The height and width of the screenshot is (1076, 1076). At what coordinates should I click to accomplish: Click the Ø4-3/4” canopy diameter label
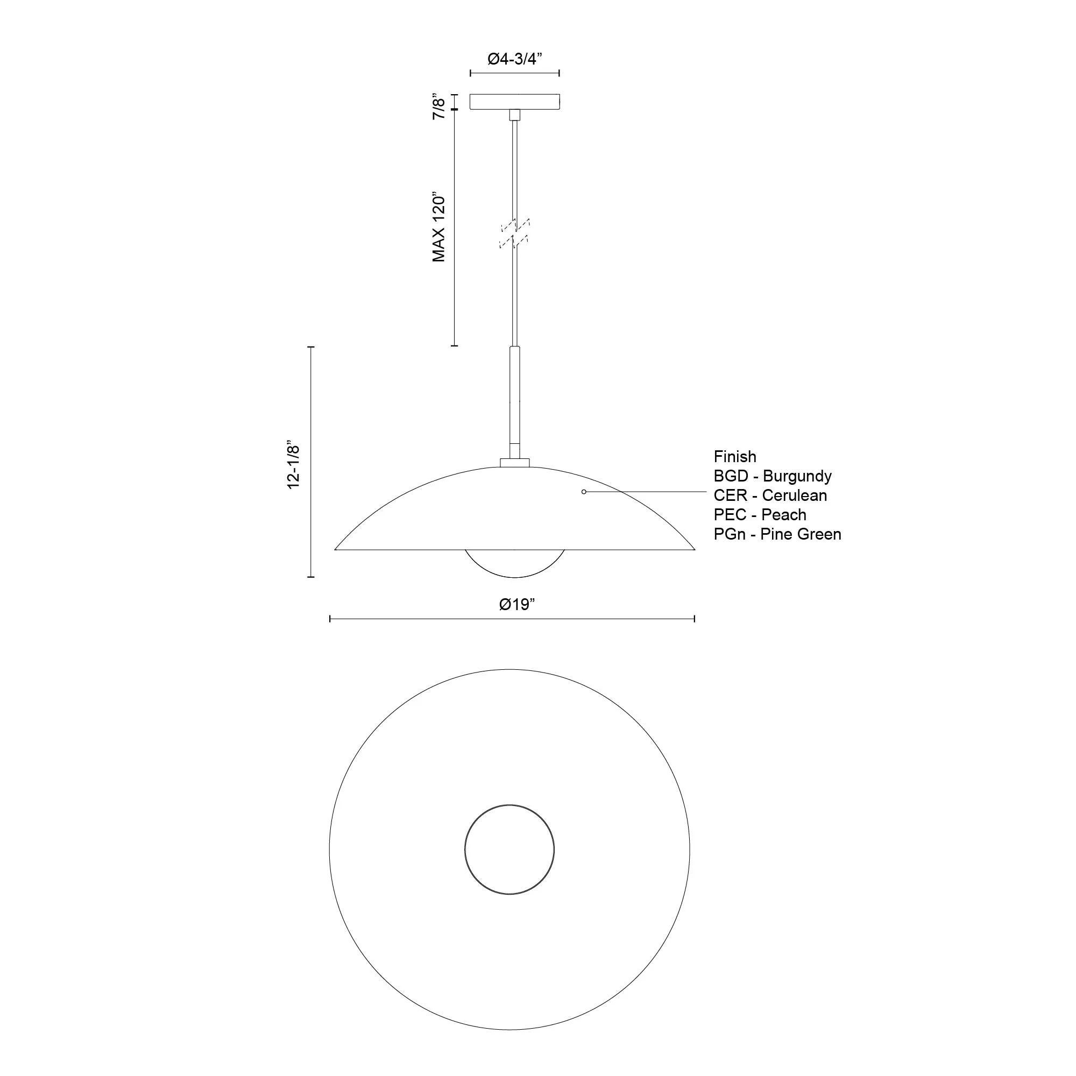click(515, 59)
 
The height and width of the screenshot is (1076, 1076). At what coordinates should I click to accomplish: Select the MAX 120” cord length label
click(440, 228)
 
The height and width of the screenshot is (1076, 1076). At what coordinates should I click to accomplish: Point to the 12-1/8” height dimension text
click(294, 466)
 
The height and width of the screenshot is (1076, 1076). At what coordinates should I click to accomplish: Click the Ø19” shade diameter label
click(518, 604)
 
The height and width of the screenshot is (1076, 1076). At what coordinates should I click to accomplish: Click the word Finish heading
click(734, 457)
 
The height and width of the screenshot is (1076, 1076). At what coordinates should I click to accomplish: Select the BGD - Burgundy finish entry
click(773, 476)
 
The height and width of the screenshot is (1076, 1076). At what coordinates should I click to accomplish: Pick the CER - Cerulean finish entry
click(770, 495)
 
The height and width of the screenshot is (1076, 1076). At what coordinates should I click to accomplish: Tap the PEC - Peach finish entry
click(760, 515)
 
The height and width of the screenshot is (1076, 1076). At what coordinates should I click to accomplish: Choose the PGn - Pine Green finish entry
click(777, 534)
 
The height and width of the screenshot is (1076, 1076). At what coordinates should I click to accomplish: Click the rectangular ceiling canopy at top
click(515, 101)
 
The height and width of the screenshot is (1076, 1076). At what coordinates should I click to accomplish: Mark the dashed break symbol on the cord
click(515, 233)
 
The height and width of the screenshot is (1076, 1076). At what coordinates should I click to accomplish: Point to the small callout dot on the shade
click(583, 492)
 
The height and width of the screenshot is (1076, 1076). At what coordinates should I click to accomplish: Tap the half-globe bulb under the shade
click(515, 563)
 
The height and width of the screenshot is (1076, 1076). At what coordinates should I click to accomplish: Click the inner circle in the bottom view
click(509, 850)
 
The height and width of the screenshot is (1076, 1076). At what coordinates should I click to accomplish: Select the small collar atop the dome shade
click(515, 462)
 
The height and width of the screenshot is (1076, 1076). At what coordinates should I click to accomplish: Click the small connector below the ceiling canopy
click(515, 114)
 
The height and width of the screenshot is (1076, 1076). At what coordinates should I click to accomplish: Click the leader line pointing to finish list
click(646, 492)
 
